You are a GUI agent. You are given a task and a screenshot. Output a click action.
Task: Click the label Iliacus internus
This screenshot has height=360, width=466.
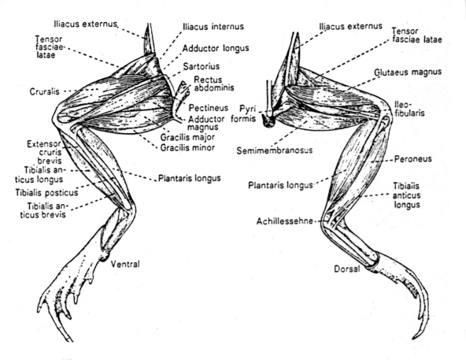[x=213, y=27]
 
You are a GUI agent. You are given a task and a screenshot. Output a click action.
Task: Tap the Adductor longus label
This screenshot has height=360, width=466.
[x=216, y=48]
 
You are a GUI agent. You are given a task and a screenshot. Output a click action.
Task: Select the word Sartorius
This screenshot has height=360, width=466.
[x=202, y=66]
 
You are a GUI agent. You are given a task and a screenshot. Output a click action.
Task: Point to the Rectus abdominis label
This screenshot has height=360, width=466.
[x=213, y=84]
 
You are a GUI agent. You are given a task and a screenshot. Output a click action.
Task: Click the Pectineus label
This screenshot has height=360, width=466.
[x=209, y=108]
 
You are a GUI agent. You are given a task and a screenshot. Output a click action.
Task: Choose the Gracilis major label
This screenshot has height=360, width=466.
[x=187, y=137]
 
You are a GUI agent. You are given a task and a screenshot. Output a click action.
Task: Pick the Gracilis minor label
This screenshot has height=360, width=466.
[x=187, y=147]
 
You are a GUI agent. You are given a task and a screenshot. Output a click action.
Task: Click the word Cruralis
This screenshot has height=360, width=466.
[x=45, y=91]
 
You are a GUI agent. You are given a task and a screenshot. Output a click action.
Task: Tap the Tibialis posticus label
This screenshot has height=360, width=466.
[x=46, y=193]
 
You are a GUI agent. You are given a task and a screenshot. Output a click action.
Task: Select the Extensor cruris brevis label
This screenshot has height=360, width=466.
[x=44, y=152]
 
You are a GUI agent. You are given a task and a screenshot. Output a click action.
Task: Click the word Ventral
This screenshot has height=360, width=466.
[x=125, y=264]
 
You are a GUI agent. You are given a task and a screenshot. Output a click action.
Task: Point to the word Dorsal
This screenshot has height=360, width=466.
[x=347, y=269]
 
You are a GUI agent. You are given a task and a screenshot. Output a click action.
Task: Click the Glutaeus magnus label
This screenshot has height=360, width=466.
[x=408, y=72]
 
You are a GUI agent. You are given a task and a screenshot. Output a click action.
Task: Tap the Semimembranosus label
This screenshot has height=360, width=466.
[x=275, y=150]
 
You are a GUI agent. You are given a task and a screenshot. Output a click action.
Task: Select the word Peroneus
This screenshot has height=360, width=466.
[x=413, y=159]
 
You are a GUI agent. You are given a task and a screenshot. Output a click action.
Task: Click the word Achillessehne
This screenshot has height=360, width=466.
[x=285, y=221]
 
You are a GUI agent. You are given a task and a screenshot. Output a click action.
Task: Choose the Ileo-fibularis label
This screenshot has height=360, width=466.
[x=409, y=109]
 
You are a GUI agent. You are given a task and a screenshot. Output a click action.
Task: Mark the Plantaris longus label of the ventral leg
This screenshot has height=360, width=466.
[x=189, y=178]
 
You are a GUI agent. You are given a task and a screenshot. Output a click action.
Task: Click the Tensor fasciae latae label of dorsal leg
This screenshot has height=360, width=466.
[x=416, y=35]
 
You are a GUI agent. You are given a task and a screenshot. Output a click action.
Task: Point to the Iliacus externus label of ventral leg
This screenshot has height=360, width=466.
[x=86, y=24]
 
